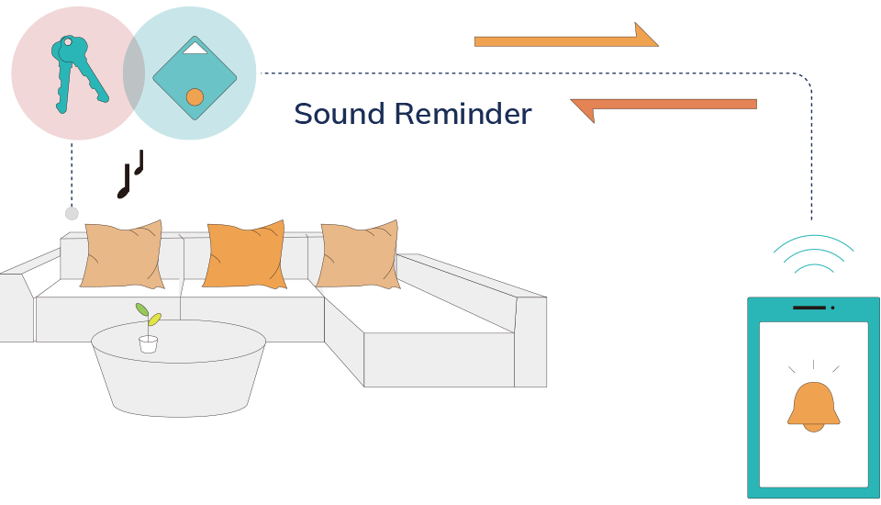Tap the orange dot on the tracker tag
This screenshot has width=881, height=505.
[195, 96]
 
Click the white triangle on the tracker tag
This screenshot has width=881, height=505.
[195, 48]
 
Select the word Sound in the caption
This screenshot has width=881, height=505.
[339, 115]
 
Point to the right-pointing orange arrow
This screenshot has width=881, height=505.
[565, 39]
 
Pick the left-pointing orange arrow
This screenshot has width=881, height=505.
[664, 107]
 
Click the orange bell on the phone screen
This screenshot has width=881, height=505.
[813, 407]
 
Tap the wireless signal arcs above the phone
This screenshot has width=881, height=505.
[813, 252]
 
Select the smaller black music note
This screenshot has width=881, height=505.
[139, 163]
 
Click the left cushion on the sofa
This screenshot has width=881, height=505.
[122, 254]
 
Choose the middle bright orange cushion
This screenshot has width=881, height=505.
[244, 254]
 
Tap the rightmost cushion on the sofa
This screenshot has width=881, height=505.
[360, 254]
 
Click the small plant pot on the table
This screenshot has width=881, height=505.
[148, 344]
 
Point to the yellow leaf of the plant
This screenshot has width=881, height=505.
[155, 319]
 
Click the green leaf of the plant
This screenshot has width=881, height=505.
[142, 310]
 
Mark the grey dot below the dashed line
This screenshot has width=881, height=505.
[72, 213]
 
